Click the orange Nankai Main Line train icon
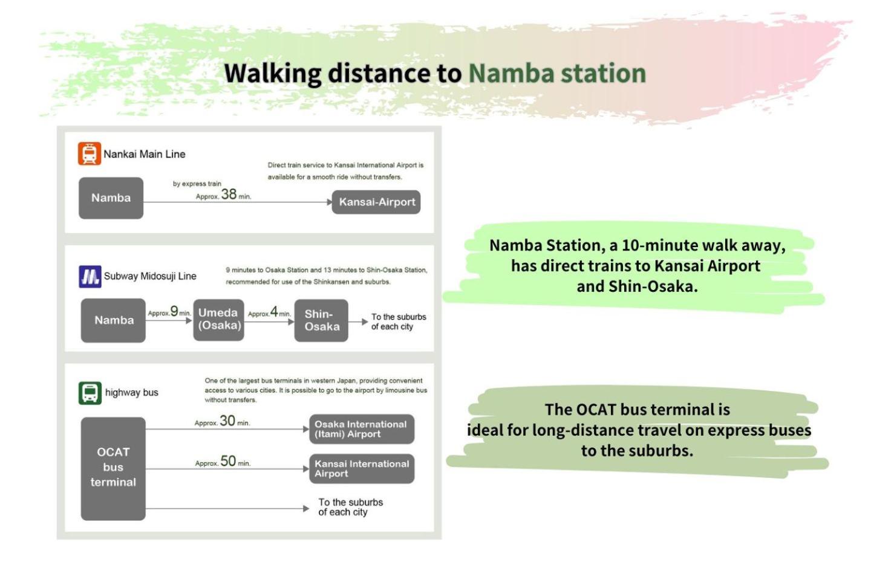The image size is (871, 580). point(89,153)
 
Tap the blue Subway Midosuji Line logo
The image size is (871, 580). point(90,277)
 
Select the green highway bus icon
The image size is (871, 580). point(90,393)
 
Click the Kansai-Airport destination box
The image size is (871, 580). point(376,202)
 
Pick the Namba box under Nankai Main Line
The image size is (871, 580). point(111,198)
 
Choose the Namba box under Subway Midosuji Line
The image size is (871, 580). point(113,320)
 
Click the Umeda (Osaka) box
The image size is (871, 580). point(218,320)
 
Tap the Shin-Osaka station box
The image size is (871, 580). point(321,320)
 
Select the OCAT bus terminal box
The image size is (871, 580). point(113,468)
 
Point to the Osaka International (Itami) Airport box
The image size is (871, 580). point(361,429)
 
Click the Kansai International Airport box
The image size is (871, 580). point(361,468)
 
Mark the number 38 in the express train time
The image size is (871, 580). point(229,194)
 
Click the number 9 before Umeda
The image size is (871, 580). point(174,311)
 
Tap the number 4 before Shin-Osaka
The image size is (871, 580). point(274,312)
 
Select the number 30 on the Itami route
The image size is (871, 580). point(227,420)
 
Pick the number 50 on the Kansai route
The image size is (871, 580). point(228,461)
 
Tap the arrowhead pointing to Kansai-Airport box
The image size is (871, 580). point(329,202)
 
